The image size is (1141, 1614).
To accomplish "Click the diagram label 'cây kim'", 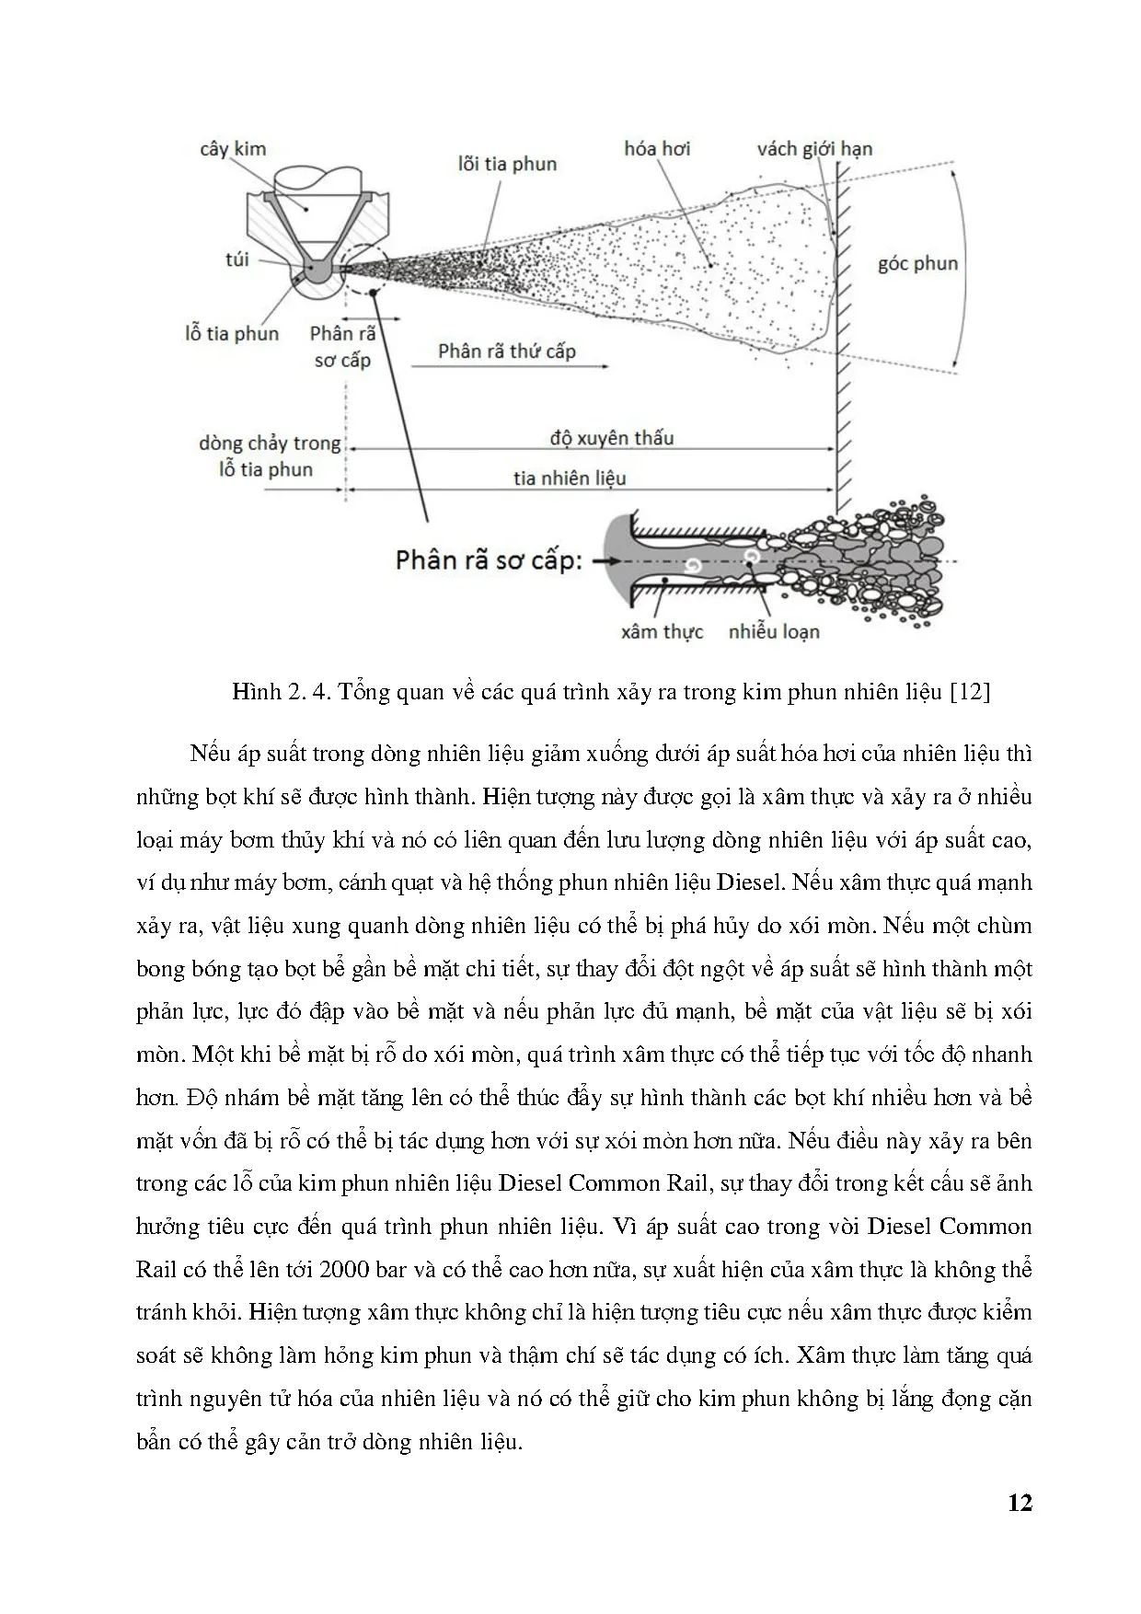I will coord(232,149).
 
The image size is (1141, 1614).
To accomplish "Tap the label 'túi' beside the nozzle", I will coord(237,259).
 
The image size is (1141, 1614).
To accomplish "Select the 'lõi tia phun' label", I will coord(507,165).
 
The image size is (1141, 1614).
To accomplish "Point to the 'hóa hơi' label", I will coord(657,149).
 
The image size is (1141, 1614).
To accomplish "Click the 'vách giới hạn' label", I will coord(814,149).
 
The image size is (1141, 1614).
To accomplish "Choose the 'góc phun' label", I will coord(917,264).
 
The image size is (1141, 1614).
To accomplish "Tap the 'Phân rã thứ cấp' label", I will coord(506,352).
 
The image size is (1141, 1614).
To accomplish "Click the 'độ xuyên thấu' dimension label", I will coord(612,438).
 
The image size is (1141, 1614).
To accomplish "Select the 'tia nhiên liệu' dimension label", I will coord(570,478).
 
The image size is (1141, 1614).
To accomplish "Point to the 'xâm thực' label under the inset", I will coord(662,632).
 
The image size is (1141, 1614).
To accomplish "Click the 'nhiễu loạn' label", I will coord(774,632).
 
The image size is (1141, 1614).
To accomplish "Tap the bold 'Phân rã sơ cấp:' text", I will coord(489,560).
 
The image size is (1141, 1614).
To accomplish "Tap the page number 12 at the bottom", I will coord(1020,1503).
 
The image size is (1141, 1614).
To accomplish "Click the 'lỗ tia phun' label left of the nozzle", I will coord(232,334).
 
